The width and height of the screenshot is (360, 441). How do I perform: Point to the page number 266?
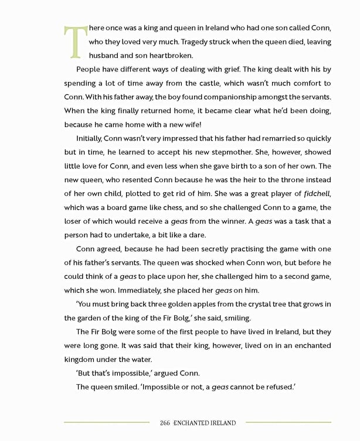164,422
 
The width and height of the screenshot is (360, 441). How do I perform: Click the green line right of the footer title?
288,422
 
